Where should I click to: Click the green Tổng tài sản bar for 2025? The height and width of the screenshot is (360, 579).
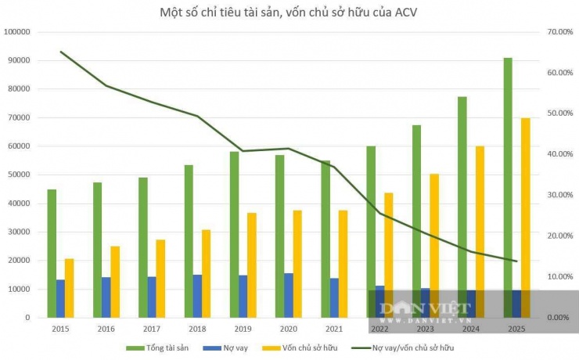click(508, 188)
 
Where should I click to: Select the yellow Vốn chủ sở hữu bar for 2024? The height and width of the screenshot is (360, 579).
click(480, 232)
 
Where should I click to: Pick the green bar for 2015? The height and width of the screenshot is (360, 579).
click(52, 254)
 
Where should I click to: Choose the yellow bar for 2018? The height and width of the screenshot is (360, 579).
click(207, 273)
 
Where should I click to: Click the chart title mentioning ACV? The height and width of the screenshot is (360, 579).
click(289, 12)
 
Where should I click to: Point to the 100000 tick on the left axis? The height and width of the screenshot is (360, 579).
click(16, 32)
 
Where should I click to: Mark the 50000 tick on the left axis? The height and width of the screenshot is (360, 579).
click(19, 175)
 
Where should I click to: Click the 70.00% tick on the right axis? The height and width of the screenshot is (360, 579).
click(560, 32)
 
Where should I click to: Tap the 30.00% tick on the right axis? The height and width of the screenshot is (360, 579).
click(560, 195)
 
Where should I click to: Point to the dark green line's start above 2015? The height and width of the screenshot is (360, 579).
click(61, 52)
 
